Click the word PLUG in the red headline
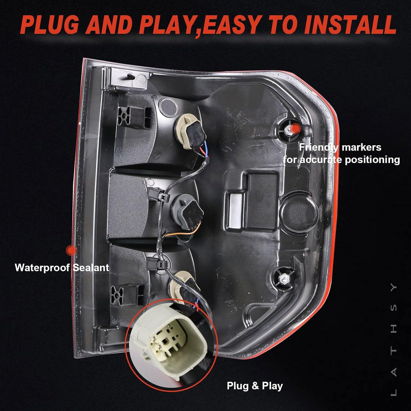pyautogui.click(x=50, y=24)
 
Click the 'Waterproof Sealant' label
pyautogui.click(x=62, y=268)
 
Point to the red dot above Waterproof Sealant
pyautogui.click(x=71, y=250)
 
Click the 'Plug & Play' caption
pyautogui.click(x=255, y=386)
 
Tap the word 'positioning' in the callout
pyautogui.click(x=372, y=160)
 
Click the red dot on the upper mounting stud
pyautogui.click(x=296, y=128)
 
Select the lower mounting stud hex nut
pyautogui.click(x=284, y=279)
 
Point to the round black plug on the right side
pyautogui.click(x=299, y=212)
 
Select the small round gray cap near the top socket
pyautogui.click(x=169, y=107)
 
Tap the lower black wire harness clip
pyautogui.click(x=157, y=263)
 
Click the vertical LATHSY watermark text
pyautogui.click(x=394, y=340)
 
